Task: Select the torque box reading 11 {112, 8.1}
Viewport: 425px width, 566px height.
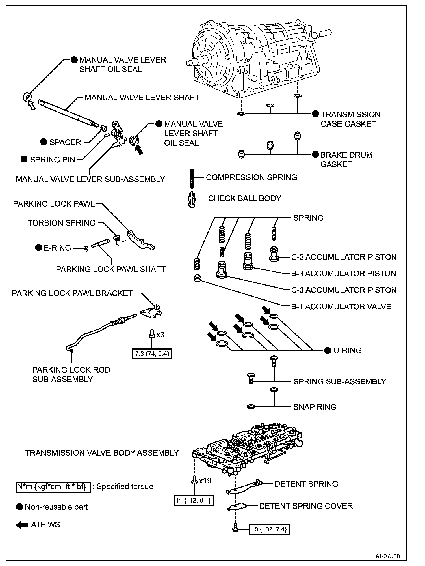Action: (x=194, y=500)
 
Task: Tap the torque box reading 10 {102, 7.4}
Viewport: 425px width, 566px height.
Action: (x=269, y=529)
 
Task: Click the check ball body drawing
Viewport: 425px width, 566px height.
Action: (x=192, y=200)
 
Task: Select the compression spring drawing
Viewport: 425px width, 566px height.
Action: (x=192, y=178)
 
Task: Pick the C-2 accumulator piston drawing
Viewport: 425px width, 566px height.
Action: (x=273, y=254)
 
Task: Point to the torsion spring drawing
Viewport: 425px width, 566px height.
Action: (x=117, y=239)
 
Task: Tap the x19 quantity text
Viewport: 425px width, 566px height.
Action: (x=205, y=481)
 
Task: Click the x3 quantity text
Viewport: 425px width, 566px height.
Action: (x=160, y=335)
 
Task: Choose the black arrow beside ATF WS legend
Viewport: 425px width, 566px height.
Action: (x=21, y=525)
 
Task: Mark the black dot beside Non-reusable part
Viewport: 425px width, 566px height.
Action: (x=19, y=507)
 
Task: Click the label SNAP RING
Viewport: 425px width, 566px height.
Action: (x=315, y=407)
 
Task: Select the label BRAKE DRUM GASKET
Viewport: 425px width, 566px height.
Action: (x=346, y=159)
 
